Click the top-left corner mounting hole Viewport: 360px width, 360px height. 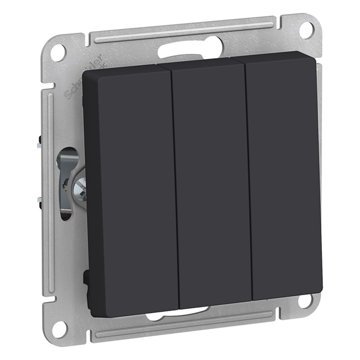point(60,50)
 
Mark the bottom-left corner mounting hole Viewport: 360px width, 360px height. point(61,325)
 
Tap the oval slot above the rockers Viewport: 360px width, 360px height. point(180,51)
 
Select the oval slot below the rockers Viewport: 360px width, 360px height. point(177,313)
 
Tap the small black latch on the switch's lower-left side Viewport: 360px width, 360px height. point(84,278)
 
